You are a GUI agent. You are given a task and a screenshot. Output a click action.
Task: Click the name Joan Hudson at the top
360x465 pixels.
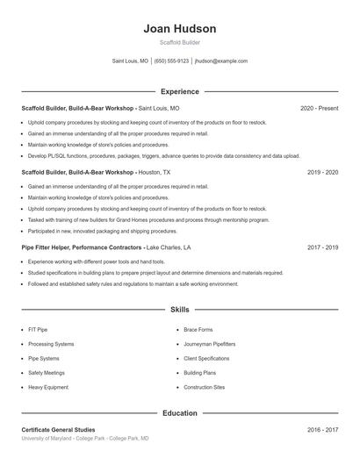(x=179, y=29)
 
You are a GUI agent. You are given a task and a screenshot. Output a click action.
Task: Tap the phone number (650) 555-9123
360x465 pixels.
(x=172, y=61)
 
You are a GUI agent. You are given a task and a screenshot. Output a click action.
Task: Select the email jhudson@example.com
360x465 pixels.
(x=220, y=61)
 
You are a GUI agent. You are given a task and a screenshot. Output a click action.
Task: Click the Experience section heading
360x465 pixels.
(x=179, y=91)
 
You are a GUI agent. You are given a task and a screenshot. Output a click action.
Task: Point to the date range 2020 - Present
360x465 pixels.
(x=319, y=108)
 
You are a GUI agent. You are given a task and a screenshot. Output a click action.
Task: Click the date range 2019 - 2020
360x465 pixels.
(x=322, y=173)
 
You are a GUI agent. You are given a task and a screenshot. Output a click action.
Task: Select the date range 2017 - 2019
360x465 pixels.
(x=322, y=248)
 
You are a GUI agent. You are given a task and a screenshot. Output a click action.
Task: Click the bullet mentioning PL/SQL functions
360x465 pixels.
(x=163, y=156)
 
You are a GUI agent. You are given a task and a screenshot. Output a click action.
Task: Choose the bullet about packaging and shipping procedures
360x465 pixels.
(x=102, y=231)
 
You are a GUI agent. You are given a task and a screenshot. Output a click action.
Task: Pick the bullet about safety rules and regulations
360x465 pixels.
(x=133, y=284)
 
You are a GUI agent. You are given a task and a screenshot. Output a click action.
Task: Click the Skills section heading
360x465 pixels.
(x=179, y=310)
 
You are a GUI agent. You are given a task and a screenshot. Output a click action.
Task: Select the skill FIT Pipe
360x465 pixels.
(x=38, y=330)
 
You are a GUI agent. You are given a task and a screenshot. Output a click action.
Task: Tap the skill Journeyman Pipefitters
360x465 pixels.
(x=209, y=344)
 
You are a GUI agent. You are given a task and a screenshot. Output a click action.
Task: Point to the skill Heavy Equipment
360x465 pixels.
(x=47, y=387)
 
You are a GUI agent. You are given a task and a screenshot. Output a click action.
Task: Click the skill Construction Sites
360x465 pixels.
(x=204, y=387)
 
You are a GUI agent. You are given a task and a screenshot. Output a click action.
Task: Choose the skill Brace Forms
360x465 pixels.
(x=198, y=330)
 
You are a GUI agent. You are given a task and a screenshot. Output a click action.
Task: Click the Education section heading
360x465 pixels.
(x=179, y=412)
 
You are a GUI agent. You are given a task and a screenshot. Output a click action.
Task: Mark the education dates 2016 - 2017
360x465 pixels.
(x=322, y=430)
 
